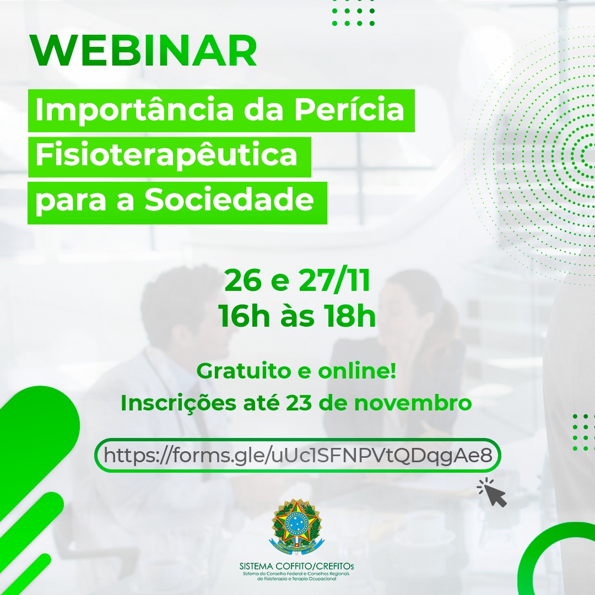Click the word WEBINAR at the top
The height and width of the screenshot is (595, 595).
pyautogui.click(x=144, y=51)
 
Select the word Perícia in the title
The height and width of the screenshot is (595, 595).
pyautogui.click(x=349, y=110)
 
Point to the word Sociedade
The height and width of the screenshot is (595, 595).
pyautogui.click(x=229, y=200)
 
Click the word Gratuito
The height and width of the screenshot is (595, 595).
pyautogui.click(x=244, y=371)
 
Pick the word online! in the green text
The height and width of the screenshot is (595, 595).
pyautogui.click(x=357, y=371)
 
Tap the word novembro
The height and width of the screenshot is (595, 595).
pyautogui.click(x=413, y=403)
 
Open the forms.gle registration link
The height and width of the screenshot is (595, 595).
pyautogui.click(x=298, y=456)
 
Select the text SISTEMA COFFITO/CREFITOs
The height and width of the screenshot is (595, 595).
pyautogui.click(x=297, y=566)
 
